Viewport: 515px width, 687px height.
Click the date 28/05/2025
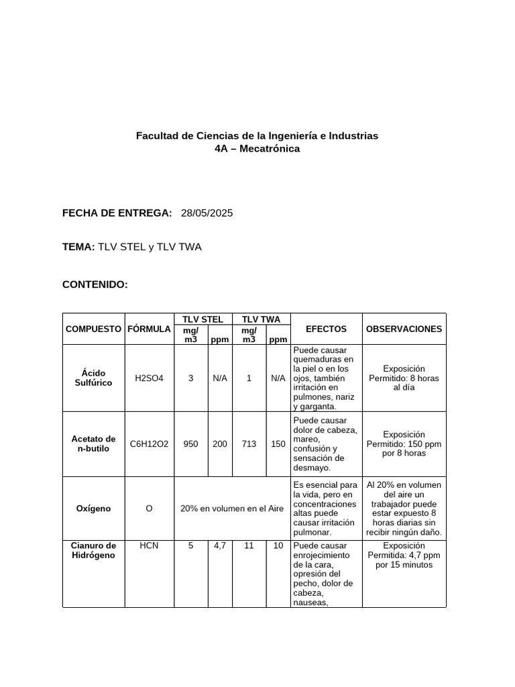[x=207, y=213]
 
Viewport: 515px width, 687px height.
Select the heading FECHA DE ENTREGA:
[x=117, y=213]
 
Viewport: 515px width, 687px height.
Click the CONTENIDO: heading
[x=95, y=285]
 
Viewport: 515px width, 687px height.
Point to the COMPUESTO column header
[x=93, y=329]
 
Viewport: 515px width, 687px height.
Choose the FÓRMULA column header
[x=149, y=329]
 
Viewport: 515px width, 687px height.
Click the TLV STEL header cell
[x=203, y=319]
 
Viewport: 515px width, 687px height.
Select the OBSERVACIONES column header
[x=404, y=329]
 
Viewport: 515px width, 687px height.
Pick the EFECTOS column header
[x=326, y=329]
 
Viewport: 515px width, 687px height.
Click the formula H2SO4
[x=149, y=378]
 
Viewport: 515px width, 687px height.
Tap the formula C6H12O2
[x=149, y=444]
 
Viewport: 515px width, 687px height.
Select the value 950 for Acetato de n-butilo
[x=190, y=444]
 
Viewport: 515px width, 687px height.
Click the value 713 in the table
[x=249, y=444]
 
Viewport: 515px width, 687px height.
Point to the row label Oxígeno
[x=93, y=509]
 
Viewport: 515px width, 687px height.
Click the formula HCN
[x=149, y=546]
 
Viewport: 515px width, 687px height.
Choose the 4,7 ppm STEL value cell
[x=219, y=546]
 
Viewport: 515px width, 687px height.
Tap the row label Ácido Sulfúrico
[x=93, y=378]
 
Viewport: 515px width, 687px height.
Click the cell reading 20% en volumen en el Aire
[x=232, y=509]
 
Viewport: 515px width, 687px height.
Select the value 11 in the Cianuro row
[x=249, y=546]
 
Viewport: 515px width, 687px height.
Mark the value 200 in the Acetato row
[x=219, y=444]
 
